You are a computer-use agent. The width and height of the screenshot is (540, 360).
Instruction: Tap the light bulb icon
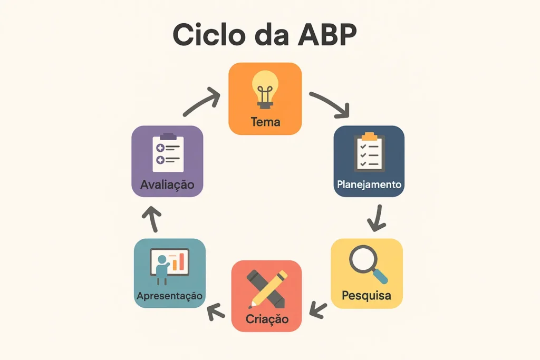[x=265, y=90]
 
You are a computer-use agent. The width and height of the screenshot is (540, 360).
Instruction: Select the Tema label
[x=265, y=122]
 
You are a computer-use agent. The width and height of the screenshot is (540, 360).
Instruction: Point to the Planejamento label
[x=369, y=184]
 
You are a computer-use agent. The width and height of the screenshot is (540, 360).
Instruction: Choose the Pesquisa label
[x=367, y=295]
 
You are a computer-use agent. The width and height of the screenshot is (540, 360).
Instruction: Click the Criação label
[x=267, y=319]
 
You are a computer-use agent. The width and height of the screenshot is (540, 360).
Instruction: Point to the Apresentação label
[x=169, y=296]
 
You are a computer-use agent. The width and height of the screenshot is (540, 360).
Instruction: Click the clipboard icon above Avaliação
[x=168, y=152]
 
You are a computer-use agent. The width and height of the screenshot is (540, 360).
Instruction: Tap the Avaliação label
[x=167, y=185]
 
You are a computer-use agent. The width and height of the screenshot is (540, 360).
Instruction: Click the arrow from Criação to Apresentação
[x=216, y=312]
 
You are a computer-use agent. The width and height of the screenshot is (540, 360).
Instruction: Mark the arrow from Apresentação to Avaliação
[x=153, y=219]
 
